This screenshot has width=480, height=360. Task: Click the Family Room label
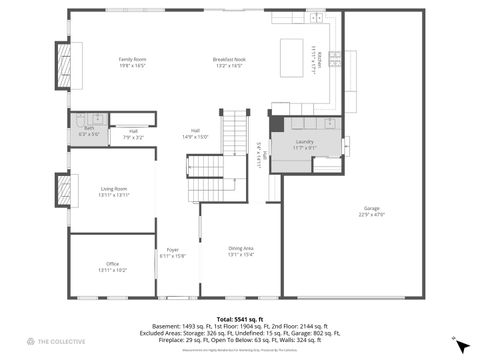click(132, 61)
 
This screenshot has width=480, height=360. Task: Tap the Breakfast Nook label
click(229, 61)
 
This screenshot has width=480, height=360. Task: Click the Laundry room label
click(305, 142)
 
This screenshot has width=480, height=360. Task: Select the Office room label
click(112, 264)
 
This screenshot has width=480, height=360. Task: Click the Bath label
click(89, 128)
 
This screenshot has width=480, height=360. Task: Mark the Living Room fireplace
click(63, 191)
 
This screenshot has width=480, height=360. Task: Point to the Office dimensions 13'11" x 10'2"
click(112, 270)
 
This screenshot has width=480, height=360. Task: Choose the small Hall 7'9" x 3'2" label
click(133, 134)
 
